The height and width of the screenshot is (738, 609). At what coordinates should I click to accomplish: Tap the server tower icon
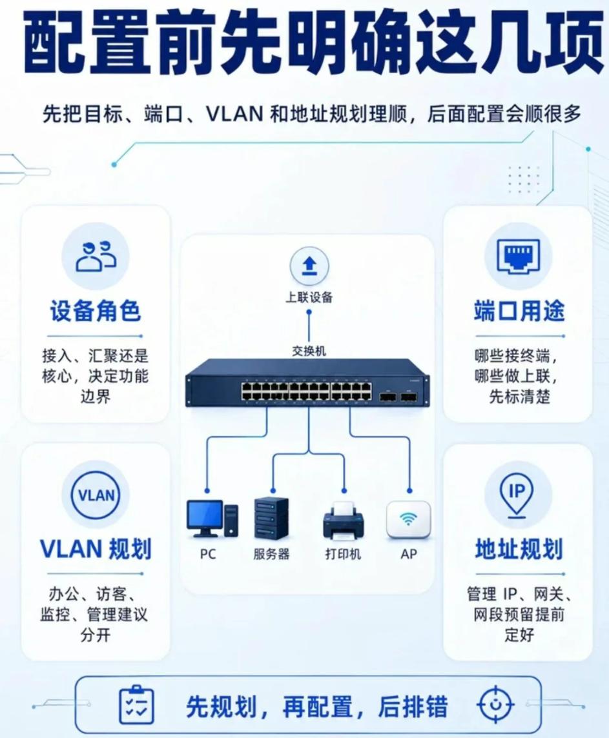coord(271,518)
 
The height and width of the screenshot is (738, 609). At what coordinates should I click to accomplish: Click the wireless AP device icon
coord(408,519)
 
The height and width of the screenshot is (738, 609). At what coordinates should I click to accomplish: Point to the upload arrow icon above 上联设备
coord(309,266)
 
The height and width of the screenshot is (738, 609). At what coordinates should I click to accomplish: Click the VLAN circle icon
coord(96,495)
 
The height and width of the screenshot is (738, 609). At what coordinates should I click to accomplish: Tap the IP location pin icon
coord(517,495)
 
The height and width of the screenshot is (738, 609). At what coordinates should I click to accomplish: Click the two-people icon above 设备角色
coord(96,257)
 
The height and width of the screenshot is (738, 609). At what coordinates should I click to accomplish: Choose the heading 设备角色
coord(96,311)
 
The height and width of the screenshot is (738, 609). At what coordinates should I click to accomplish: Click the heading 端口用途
coord(519,311)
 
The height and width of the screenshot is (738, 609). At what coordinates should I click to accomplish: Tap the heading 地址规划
coord(519,549)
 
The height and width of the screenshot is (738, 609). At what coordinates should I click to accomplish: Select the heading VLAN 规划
coord(96,549)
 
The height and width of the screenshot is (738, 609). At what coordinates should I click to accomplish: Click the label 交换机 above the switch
coord(309,351)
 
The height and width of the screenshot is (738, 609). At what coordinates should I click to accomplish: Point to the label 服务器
coord(271,554)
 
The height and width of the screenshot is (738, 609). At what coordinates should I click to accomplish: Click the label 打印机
coord(343,554)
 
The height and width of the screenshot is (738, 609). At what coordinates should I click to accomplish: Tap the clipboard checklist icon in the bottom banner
coord(136,705)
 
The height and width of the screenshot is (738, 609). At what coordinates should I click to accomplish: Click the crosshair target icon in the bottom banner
coord(495,705)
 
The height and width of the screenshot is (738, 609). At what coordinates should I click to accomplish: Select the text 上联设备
coord(309,297)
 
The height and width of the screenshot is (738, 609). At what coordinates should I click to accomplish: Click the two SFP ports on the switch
coord(398,397)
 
